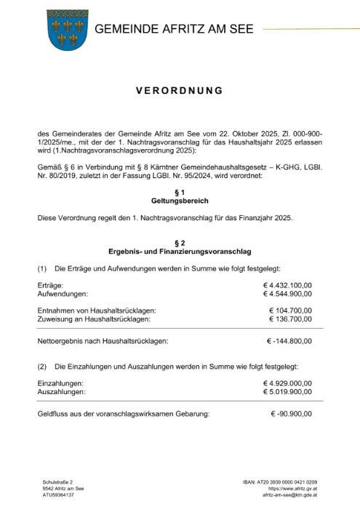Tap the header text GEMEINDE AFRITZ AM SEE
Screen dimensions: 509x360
pos(174,29)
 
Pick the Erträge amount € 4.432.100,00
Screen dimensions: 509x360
pos(287,285)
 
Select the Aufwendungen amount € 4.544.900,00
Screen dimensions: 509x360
pos(287,294)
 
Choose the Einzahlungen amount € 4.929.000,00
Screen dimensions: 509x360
pos(287,382)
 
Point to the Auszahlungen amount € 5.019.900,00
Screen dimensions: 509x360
pos(287,391)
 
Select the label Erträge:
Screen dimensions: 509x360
pos(50,285)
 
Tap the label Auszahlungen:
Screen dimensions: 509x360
pos(60,391)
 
